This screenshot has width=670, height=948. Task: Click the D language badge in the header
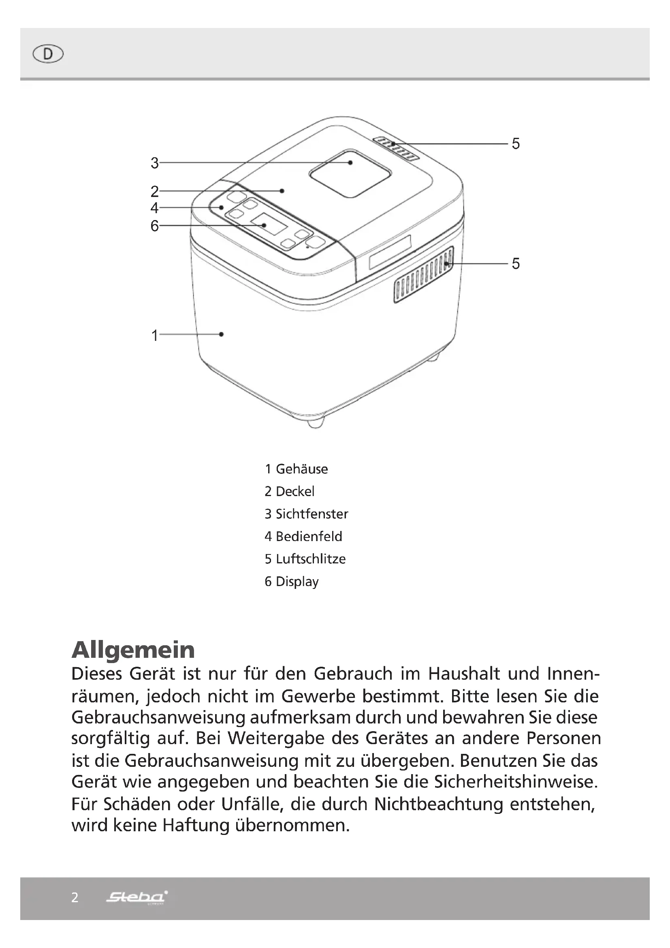tap(48, 54)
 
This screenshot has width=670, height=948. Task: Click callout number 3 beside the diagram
tap(155, 163)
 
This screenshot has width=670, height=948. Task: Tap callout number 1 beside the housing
tap(155, 335)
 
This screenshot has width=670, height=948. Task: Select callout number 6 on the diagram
tap(154, 226)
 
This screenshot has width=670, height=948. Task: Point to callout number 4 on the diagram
tap(154, 208)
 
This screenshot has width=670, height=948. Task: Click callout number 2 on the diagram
tap(154, 192)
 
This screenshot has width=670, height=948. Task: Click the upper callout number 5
tap(516, 144)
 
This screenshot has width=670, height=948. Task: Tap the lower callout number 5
tap(516, 263)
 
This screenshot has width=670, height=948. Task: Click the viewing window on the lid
tap(350, 173)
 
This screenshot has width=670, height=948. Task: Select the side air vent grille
tap(423, 275)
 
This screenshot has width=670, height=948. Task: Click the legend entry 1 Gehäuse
tap(296, 469)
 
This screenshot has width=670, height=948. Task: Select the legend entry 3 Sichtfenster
tap(306, 514)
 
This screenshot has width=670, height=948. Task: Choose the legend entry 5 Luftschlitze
tap(305, 559)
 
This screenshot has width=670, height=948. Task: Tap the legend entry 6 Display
tap(291, 582)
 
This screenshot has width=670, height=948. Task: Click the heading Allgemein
tap(133, 650)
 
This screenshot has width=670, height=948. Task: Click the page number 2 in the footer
tap(75, 897)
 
